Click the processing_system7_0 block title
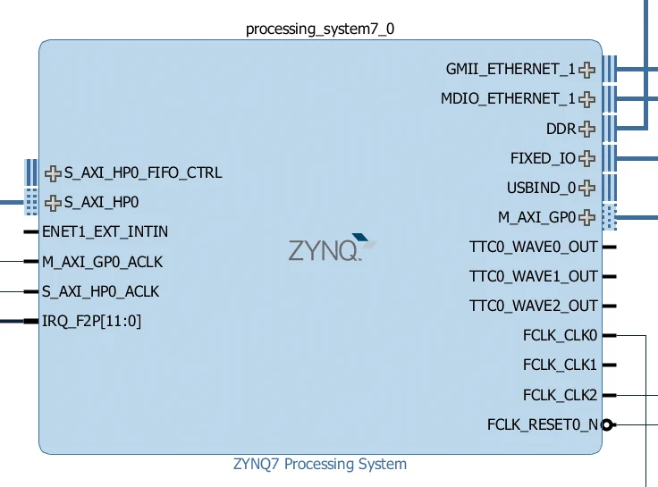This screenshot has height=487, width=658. (x=320, y=29)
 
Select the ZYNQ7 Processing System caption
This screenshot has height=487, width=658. (x=320, y=464)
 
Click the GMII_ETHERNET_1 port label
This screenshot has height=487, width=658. (x=510, y=69)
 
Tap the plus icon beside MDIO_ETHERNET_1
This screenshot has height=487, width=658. (x=586, y=99)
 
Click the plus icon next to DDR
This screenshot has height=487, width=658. (x=586, y=129)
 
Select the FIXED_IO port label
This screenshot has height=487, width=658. (x=543, y=158)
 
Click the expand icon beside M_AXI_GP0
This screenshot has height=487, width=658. (x=586, y=217)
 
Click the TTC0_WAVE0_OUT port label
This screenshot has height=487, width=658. (x=533, y=247)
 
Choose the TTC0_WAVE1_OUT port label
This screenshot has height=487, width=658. (x=533, y=276)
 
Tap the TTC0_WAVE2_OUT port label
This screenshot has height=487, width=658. (x=533, y=306)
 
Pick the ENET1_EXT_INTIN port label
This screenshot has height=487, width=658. (x=105, y=231)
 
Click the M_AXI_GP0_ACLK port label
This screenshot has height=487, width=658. (x=102, y=262)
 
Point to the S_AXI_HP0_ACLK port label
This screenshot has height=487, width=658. (x=100, y=291)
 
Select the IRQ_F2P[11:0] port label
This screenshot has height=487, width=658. (x=91, y=321)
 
